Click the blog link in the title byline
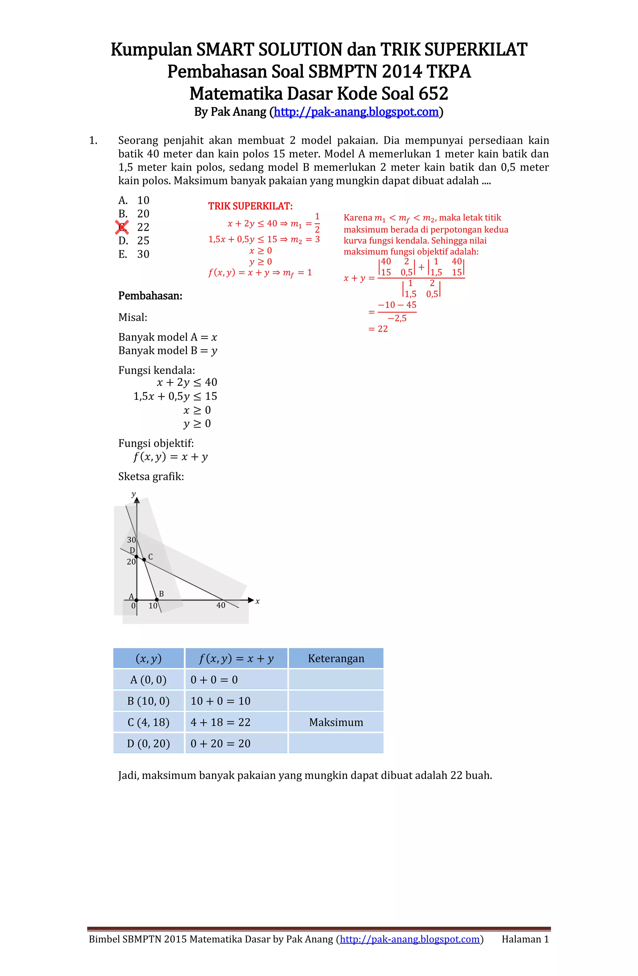point(356,112)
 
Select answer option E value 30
point(143,254)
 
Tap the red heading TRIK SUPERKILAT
point(250,206)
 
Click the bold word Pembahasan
point(150,296)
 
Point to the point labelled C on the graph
point(144,559)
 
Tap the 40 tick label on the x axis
point(221,605)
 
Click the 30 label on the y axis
point(131,540)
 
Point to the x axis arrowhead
point(251,600)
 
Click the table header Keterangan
point(336,659)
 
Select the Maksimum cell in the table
point(336,722)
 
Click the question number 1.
point(93,141)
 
